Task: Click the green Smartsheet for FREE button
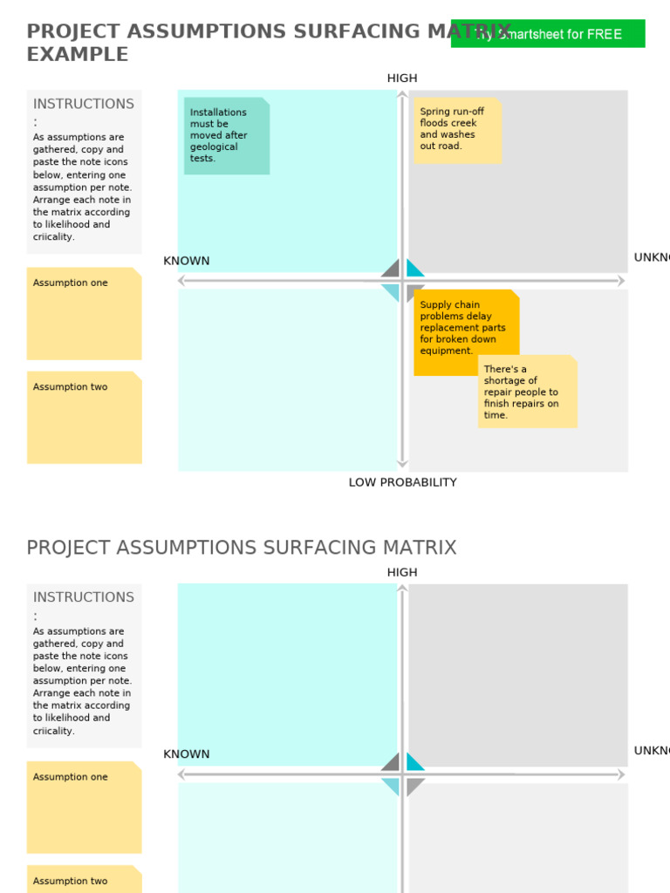(x=548, y=34)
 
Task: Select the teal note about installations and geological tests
(x=227, y=136)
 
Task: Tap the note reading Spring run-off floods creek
(x=457, y=130)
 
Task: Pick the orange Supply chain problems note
(x=466, y=331)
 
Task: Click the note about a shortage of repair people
(x=527, y=392)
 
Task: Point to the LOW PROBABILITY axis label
(x=402, y=482)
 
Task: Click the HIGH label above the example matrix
(x=402, y=78)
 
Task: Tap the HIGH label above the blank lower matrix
(x=402, y=572)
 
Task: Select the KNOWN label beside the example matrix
(x=187, y=261)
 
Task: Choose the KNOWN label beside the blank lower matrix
(x=187, y=754)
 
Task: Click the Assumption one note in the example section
(x=84, y=314)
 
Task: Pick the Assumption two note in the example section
(x=84, y=418)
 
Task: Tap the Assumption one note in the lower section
(x=84, y=808)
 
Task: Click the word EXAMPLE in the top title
(x=78, y=54)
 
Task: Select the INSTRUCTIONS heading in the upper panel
(x=84, y=104)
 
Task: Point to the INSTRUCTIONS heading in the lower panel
(x=84, y=597)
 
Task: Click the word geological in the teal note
(x=214, y=147)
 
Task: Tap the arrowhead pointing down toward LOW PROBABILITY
(x=402, y=465)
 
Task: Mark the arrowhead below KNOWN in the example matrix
(x=182, y=281)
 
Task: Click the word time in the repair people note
(x=495, y=415)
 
